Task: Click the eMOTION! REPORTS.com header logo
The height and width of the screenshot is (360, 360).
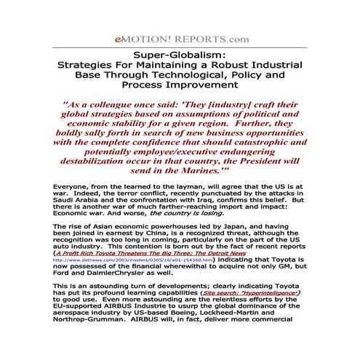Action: (x=180, y=39)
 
